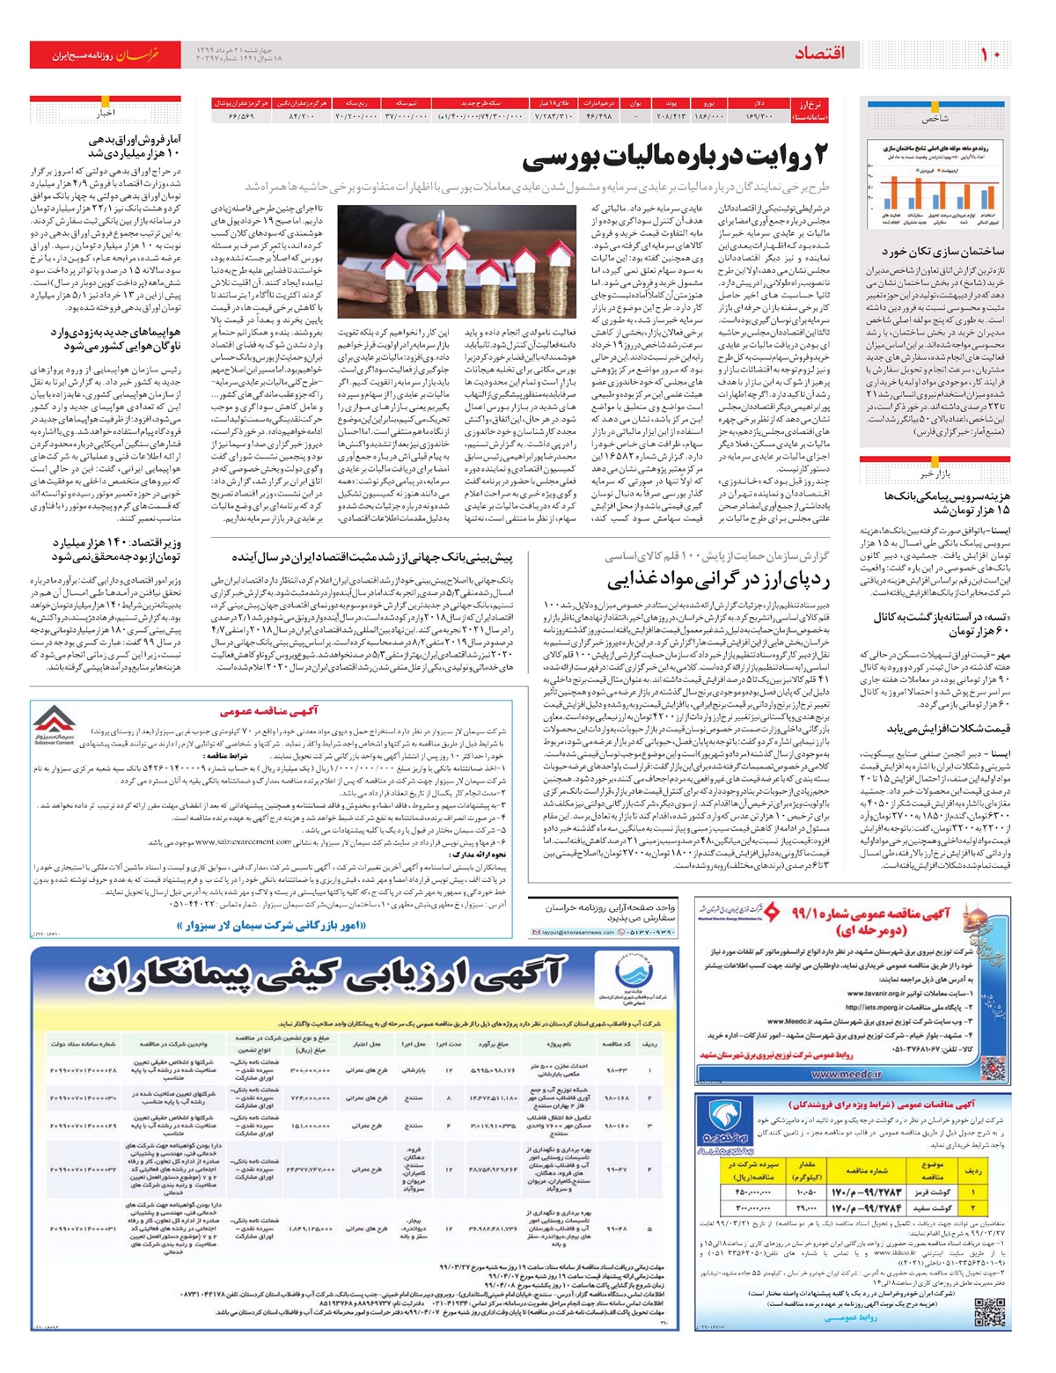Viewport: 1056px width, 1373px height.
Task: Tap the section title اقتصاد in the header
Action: [819, 55]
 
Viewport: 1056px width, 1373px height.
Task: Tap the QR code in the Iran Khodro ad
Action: [989, 1311]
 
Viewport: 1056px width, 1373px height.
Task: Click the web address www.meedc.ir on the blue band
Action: [834, 1074]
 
